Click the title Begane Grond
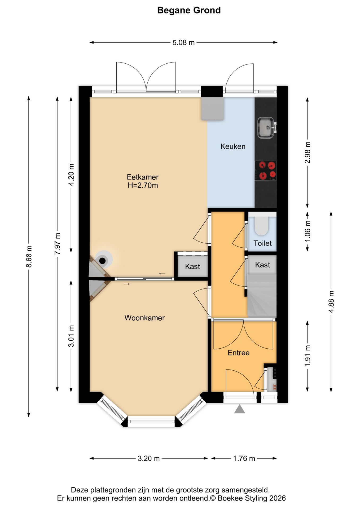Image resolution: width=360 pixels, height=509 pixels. (x=189, y=10)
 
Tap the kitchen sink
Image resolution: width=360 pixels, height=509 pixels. (x=266, y=128)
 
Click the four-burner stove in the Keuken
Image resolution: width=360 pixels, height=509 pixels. (x=265, y=170)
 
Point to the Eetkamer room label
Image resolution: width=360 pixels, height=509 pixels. (x=143, y=177)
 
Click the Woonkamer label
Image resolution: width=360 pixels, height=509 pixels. (x=144, y=318)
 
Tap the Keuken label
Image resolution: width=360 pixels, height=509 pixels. (x=233, y=146)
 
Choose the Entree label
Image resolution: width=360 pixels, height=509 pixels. (x=239, y=353)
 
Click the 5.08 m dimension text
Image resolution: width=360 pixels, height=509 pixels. (x=183, y=42)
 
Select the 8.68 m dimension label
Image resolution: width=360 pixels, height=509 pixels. (x=29, y=256)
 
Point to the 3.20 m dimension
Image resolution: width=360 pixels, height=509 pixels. (x=148, y=458)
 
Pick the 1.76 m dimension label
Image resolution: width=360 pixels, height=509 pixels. (x=244, y=458)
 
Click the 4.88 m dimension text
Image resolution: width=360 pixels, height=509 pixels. (x=331, y=301)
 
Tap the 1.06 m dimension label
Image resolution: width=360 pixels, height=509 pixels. (x=308, y=231)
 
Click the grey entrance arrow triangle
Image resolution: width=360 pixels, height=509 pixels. (x=239, y=409)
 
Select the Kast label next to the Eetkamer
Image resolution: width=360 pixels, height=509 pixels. (x=192, y=266)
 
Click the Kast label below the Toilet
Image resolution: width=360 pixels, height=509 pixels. (x=262, y=265)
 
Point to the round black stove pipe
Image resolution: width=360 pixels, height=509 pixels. (x=102, y=261)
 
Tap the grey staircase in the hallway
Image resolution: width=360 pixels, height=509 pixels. (x=262, y=295)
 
